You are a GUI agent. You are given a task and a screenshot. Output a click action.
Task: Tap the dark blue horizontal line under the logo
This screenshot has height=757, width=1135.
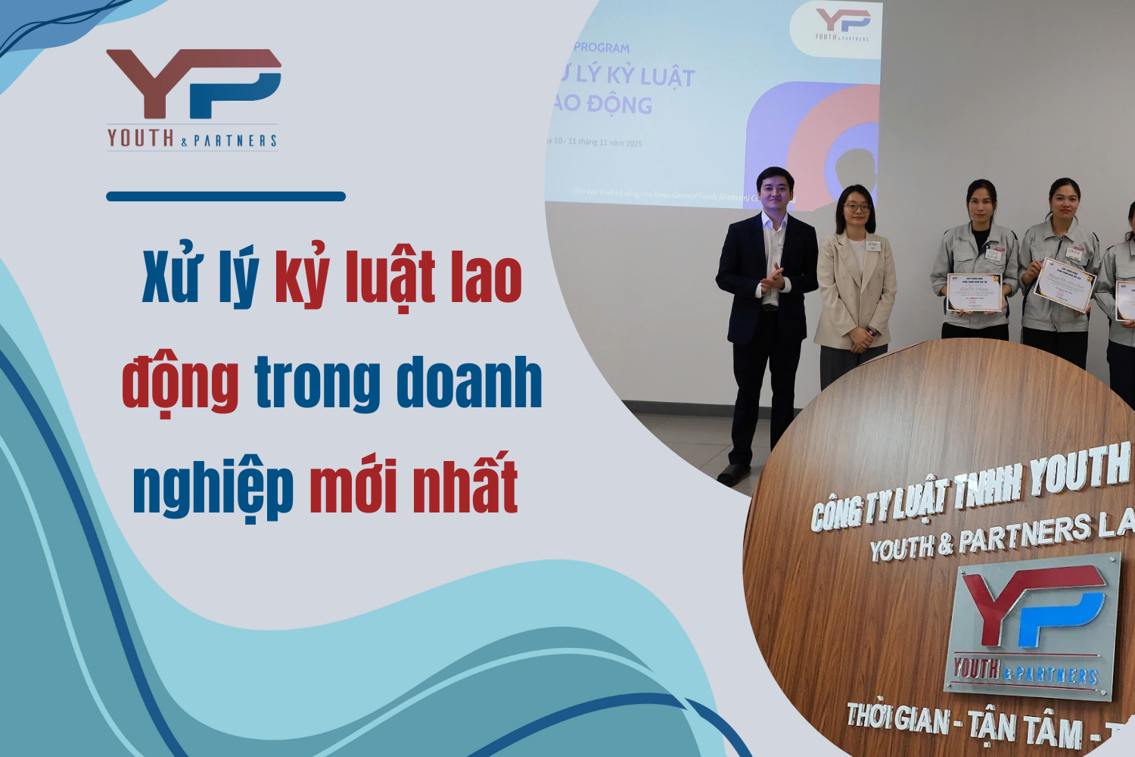tap(225, 197)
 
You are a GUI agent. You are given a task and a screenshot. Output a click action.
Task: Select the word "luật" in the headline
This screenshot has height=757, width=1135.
tap(390, 279)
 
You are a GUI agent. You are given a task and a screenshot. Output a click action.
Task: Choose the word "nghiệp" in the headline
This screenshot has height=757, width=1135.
tap(213, 488)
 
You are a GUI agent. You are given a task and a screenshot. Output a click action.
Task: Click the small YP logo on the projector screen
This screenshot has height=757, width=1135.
tap(842, 25)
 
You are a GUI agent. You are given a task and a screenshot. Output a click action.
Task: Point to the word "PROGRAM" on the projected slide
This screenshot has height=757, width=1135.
tap(602, 48)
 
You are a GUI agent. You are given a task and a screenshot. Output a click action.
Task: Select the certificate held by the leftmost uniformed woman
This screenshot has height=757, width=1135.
tap(975, 293)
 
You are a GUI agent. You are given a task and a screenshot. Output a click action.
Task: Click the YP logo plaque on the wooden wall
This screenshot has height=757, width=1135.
tap(1034, 625)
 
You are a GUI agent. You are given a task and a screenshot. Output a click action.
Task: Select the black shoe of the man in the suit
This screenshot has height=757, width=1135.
tap(733, 475)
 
